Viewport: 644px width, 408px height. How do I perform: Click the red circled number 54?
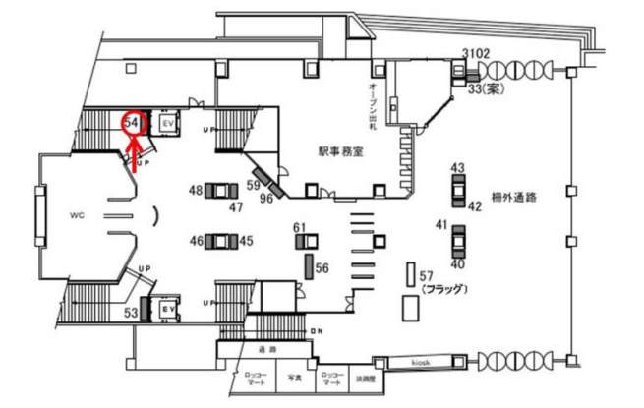(132, 123)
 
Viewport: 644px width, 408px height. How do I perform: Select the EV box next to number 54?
(166, 124)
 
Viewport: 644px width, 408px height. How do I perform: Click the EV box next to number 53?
(166, 308)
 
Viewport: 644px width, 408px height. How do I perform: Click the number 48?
(196, 189)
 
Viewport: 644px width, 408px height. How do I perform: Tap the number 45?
(246, 240)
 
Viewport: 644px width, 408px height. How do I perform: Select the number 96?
(265, 198)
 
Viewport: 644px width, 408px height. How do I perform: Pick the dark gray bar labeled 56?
(308, 264)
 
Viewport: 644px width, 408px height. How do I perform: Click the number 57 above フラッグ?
(426, 275)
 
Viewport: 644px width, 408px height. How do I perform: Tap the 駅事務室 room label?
(341, 152)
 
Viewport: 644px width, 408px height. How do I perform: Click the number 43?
(457, 168)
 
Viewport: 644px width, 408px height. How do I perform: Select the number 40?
(456, 263)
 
